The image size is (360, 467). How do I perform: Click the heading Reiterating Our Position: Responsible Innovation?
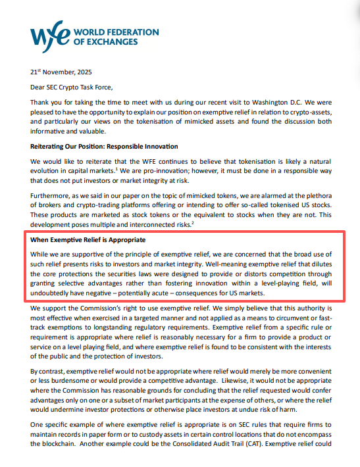104,146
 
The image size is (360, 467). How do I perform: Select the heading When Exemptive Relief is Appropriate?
88,240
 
